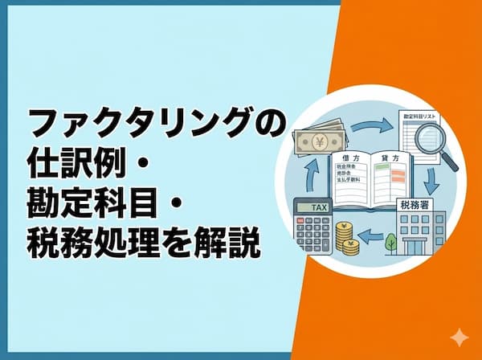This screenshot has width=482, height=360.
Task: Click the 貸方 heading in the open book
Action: [391, 159]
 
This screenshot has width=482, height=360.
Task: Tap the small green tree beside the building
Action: [391, 240]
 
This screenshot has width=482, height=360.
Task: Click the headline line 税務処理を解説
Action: [144, 243]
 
